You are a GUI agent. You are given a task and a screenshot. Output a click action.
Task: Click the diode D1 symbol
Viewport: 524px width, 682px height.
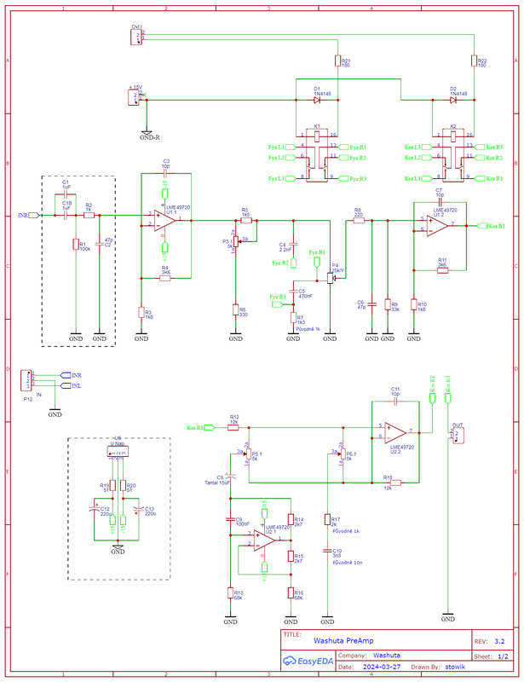click(x=317, y=100)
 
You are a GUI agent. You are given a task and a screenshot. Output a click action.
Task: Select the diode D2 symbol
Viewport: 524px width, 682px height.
click(x=453, y=100)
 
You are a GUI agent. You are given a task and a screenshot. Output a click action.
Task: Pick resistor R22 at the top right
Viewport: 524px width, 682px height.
click(x=474, y=61)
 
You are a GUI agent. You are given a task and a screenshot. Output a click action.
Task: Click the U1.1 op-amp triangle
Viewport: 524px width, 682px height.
click(x=164, y=220)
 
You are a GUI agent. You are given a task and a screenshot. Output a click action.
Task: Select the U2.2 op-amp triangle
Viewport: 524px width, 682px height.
click(x=394, y=432)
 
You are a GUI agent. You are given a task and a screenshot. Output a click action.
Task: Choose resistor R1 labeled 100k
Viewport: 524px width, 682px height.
click(x=75, y=245)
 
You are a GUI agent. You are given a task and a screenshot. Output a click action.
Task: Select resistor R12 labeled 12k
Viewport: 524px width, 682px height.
click(x=233, y=426)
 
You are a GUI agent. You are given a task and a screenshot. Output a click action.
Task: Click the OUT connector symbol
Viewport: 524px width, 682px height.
click(x=457, y=435)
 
